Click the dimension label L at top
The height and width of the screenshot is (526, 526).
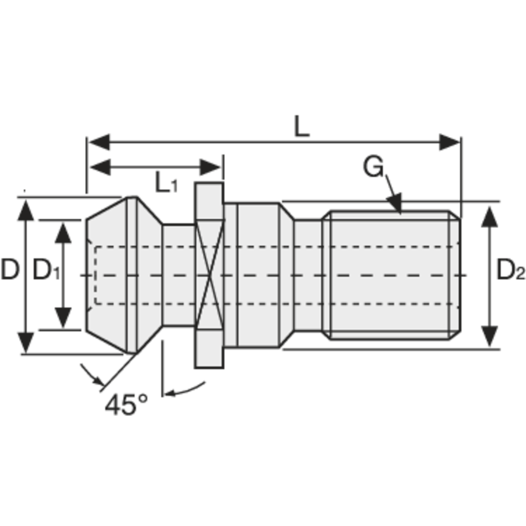pyautogui.click(x=301, y=127)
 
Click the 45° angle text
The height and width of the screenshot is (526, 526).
pyautogui.click(x=126, y=405)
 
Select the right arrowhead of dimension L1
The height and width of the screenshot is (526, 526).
pyautogui.click(x=211, y=168)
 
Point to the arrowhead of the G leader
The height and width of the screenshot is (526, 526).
pyautogui.click(x=396, y=205)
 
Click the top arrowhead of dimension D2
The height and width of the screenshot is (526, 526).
pyautogui.click(x=490, y=216)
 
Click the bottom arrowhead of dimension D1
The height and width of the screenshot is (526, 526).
pyautogui.click(x=64, y=319)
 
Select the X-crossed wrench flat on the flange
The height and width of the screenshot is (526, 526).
pyautogui.click(x=209, y=275)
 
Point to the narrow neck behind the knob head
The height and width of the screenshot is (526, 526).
pyautogui.click(x=178, y=275)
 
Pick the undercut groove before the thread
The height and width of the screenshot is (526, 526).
pyautogui.click(x=307, y=275)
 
